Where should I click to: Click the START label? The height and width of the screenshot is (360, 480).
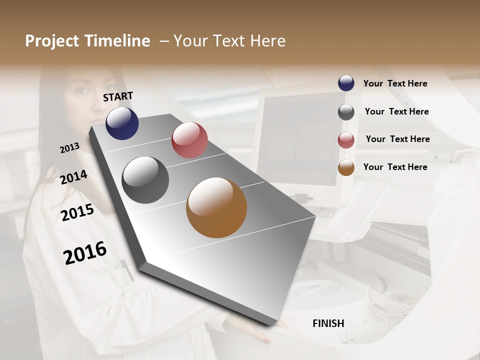click(x=118, y=96)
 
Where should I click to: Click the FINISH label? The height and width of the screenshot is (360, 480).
click(x=328, y=323)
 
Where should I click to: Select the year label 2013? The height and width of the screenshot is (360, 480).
click(x=69, y=148)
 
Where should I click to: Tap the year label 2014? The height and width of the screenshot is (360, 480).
click(x=73, y=177)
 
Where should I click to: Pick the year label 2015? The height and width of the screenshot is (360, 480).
click(x=77, y=212)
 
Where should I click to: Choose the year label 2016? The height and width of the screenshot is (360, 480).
click(x=85, y=253)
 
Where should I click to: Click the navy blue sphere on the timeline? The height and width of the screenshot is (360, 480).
click(x=122, y=123)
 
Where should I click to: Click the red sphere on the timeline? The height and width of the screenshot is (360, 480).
click(x=189, y=140)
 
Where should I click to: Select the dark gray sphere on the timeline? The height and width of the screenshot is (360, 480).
click(x=145, y=180)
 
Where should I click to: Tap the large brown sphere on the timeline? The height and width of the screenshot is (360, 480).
click(x=216, y=207)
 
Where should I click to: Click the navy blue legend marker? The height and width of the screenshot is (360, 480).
click(x=346, y=83)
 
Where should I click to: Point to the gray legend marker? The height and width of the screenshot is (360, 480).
click(x=346, y=112)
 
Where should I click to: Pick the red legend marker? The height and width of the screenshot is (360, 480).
click(x=346, y=140)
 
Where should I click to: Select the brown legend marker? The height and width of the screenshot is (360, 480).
click(x=346, y=167)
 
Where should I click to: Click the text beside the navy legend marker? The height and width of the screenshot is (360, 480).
click(x=395, y=83)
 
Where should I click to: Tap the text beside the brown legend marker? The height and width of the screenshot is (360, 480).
click(x=395, y=167)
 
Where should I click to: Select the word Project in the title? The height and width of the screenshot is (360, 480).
click(x=52, y=41)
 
